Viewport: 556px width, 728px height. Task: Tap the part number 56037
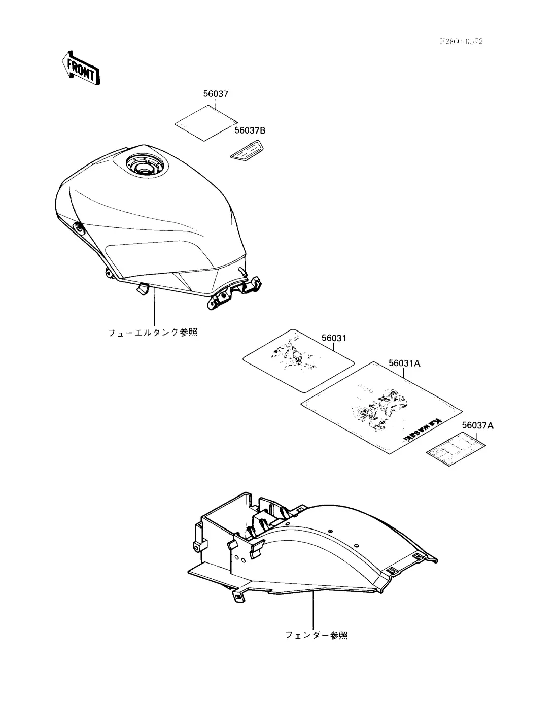pyautogui.click(x=216, y=94)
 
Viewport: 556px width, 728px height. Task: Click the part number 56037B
pyautogui.click(x=250, y=131)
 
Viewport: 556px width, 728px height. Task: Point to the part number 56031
pyautogui.click(x=333, y=338)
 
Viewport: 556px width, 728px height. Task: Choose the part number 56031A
pyautogui.click(x=404, y=363)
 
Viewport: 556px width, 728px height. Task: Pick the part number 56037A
pyautogui.click(x=477, y=425)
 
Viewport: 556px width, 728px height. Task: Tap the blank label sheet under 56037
pyautogui.click(x=206, y=123)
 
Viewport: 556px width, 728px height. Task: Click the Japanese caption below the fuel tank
pyautogui.click(x=152, y=333)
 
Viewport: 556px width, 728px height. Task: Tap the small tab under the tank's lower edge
pyautogui.click(x=142, y=289)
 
